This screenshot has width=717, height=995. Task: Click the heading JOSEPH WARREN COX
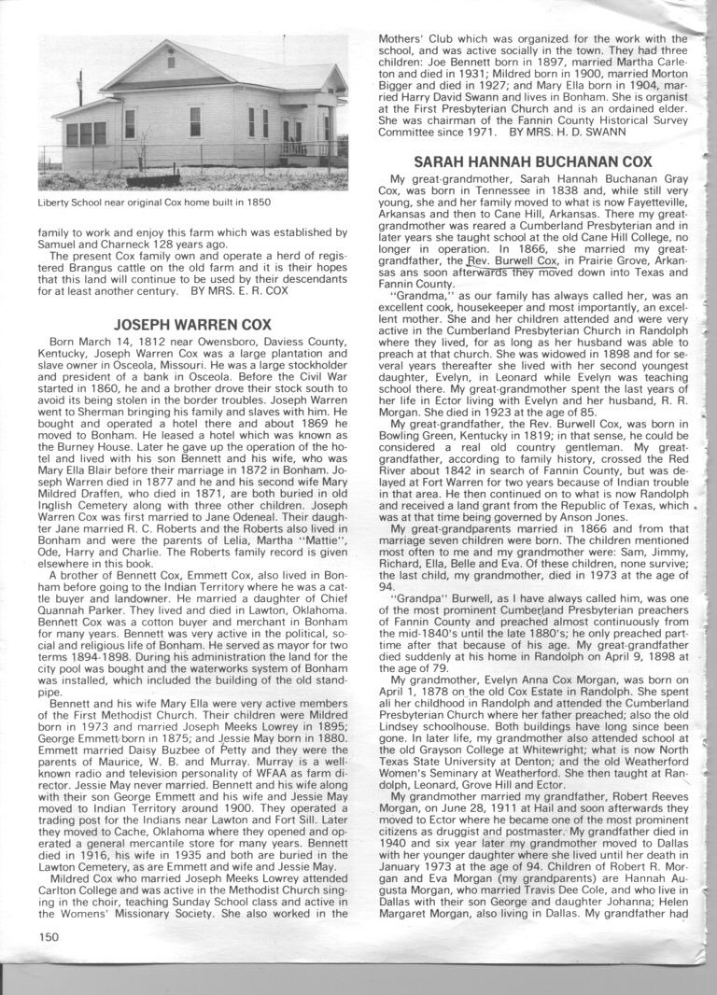(x=192, y=325)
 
